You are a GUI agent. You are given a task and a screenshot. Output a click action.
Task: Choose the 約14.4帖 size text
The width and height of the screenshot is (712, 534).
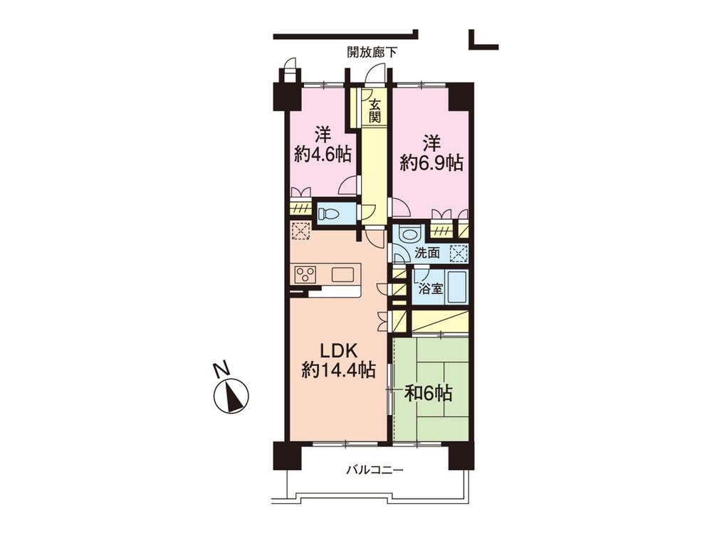pos(338,370)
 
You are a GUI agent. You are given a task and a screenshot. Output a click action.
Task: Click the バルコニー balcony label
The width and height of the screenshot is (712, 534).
pos(375,471)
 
